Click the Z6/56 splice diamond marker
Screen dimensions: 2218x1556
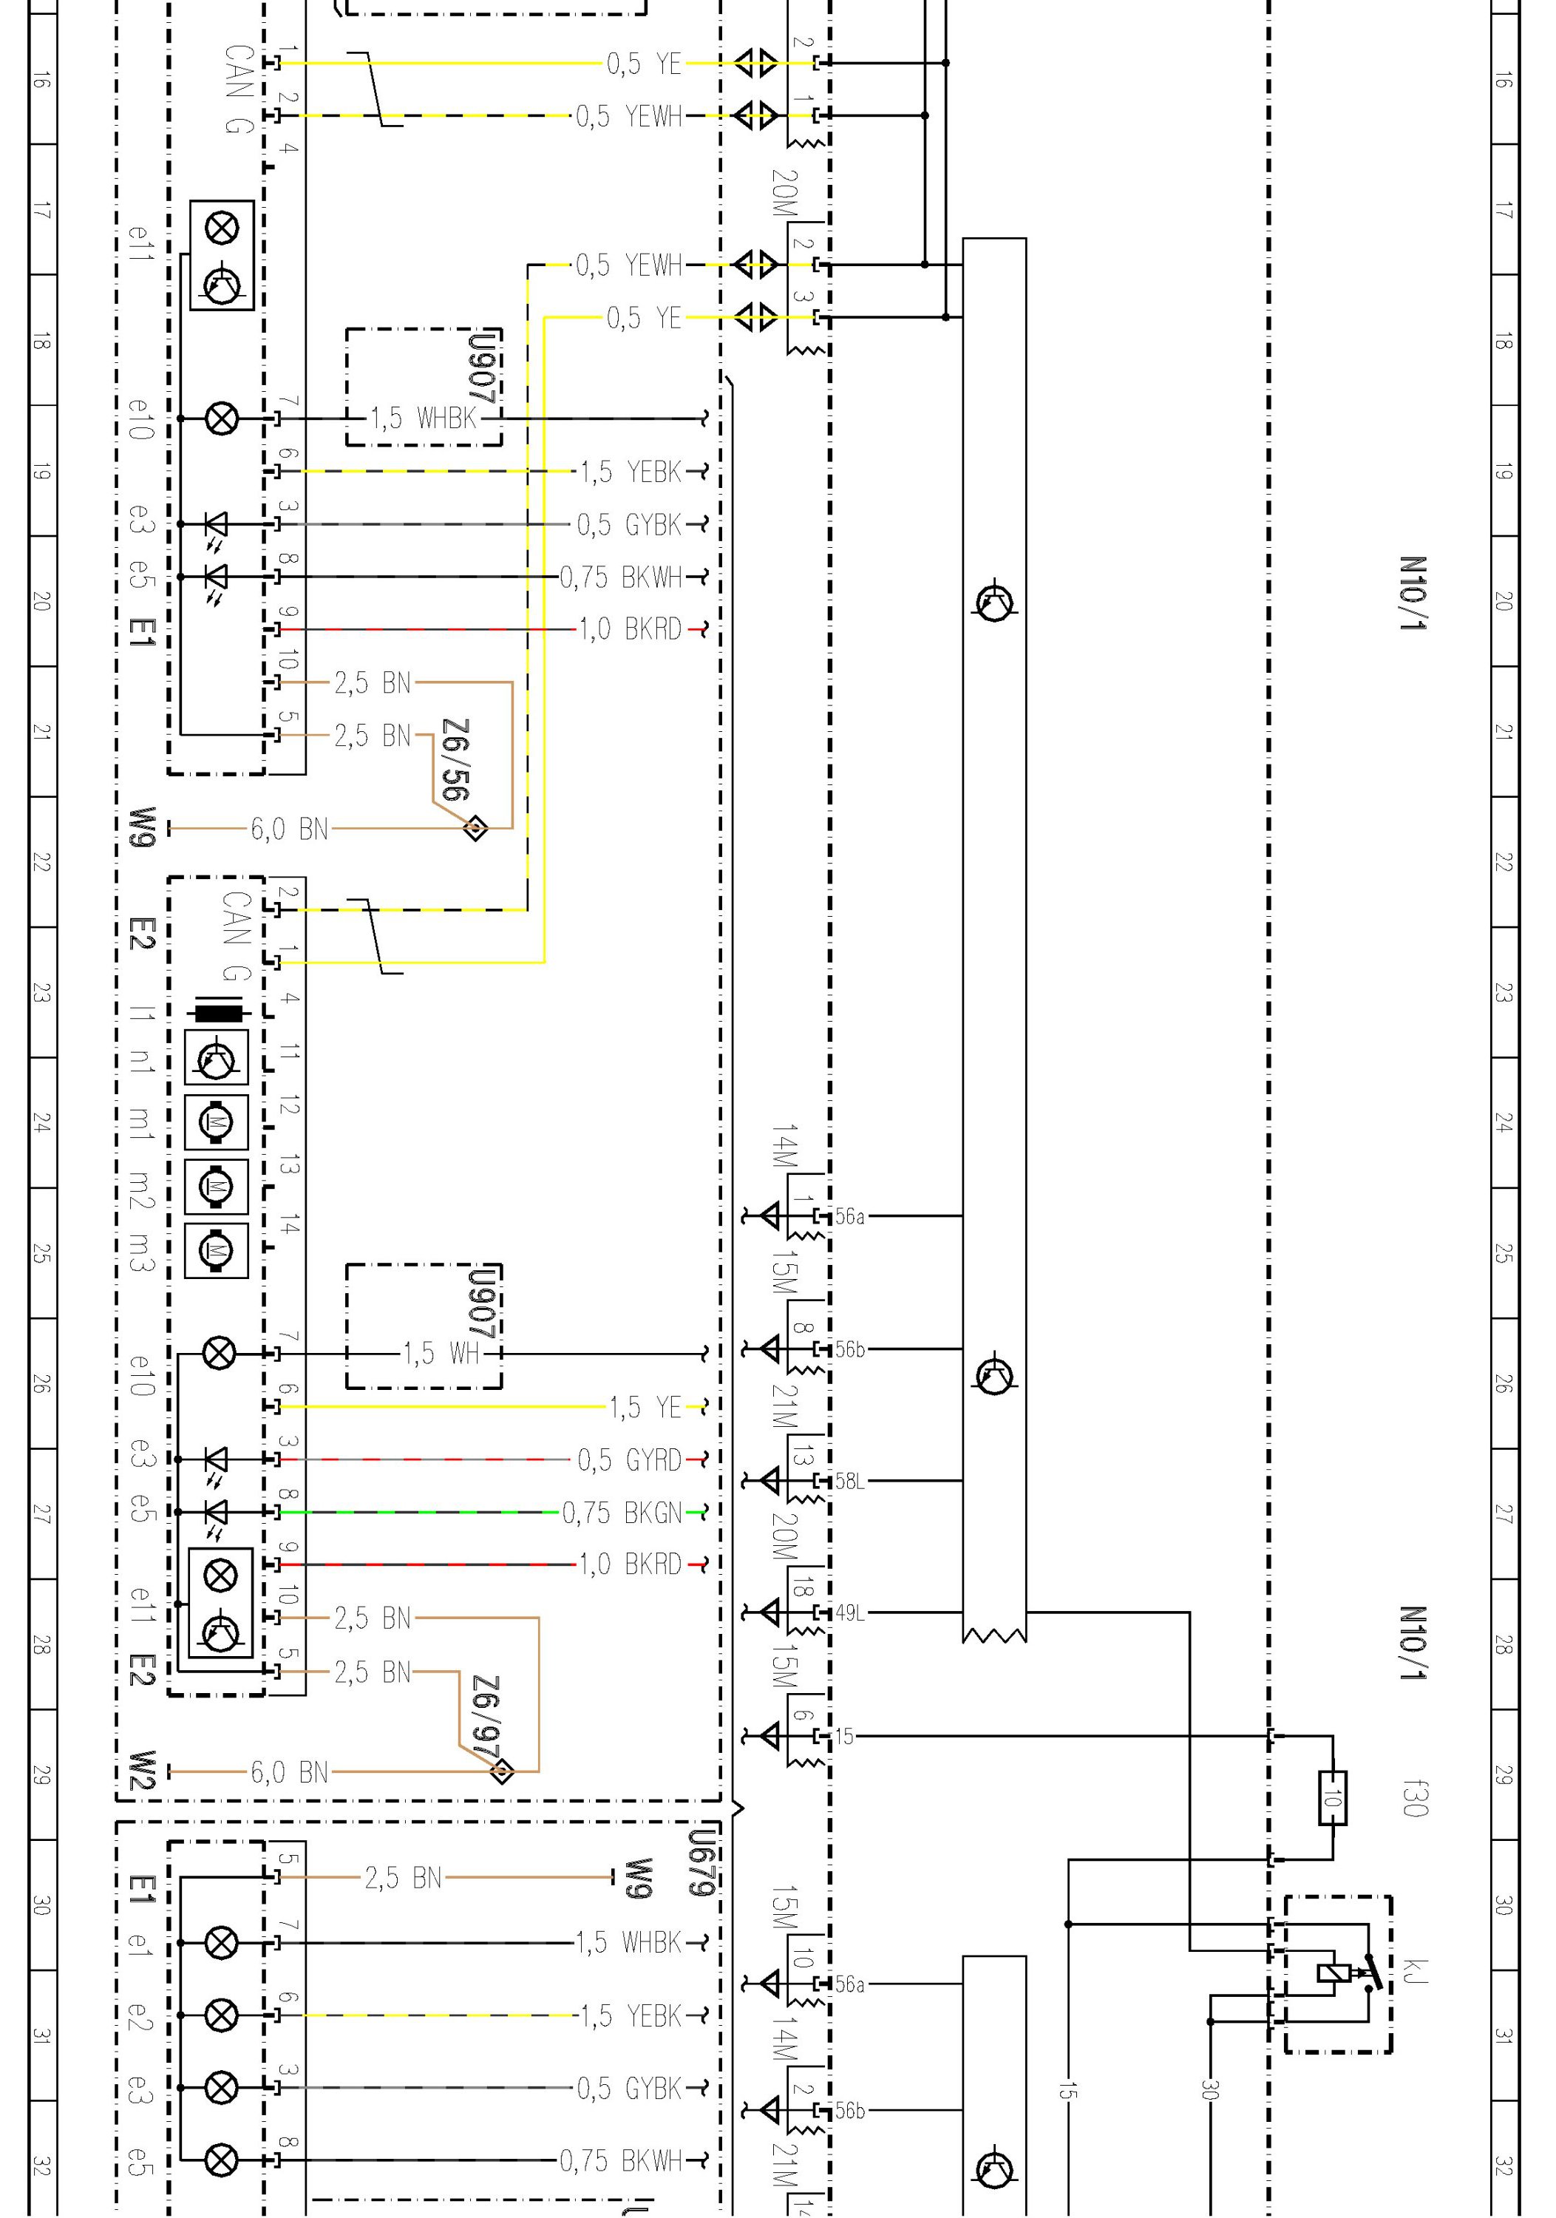coord(475,828)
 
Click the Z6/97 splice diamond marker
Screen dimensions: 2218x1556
coord(502,1771)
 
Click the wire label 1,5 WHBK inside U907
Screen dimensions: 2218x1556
coord(423,418)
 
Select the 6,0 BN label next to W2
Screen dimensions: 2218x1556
coord(289,1771)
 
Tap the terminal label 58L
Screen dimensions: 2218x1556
coord(850,1481)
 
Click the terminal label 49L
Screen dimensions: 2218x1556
coord(850,1612)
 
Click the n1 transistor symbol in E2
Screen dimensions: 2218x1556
coord(217,1058)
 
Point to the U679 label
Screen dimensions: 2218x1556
coord(702,1862)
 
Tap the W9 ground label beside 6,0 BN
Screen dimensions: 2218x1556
coord(142,828)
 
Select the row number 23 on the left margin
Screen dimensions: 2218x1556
coord(41,993)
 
